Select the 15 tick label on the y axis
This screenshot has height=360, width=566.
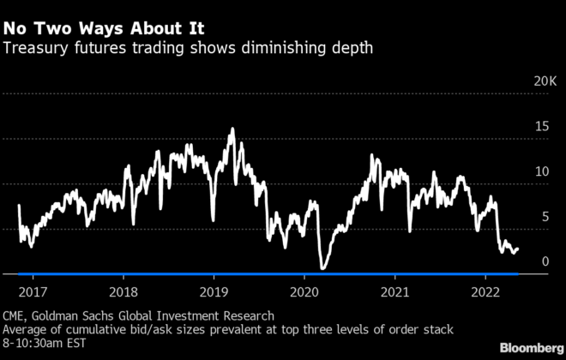coord(540,127)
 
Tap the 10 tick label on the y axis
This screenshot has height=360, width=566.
coord(540,171)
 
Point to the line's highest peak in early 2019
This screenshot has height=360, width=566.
coord(232,129)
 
